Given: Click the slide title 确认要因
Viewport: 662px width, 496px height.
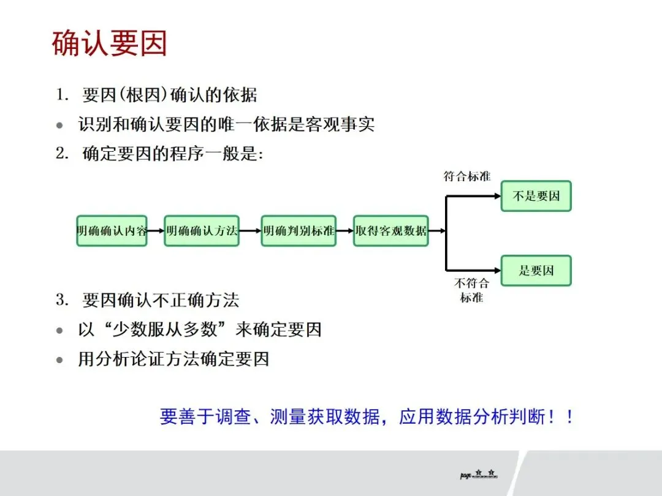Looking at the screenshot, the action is tap(109, 44).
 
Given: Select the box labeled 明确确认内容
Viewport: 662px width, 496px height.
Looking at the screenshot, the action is tap(112, 231).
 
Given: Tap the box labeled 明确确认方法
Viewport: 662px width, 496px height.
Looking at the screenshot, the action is tap(201, 231).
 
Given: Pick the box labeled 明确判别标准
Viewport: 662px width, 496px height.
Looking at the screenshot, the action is tap(299, 231).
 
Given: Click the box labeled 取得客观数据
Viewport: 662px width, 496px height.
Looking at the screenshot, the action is tap(390, 231).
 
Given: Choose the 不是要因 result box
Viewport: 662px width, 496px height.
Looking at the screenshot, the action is tap(536, 196).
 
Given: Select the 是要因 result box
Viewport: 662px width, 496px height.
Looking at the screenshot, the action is tap(536, 270).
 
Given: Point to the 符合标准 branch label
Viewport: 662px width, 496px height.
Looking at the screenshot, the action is tap(467, 176).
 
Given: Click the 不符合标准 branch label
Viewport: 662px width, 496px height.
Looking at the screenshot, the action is tap(471, 290).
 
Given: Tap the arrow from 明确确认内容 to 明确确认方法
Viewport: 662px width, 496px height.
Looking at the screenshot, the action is tap(156, 231).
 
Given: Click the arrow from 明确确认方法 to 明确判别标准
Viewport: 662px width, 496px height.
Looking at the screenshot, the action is tap(249, 231).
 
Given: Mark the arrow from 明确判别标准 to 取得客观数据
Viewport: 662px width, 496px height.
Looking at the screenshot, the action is tap(345, 231).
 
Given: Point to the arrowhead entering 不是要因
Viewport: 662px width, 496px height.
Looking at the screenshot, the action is tap(497, 196).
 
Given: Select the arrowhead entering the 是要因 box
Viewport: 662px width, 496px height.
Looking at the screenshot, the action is tap(497, 269).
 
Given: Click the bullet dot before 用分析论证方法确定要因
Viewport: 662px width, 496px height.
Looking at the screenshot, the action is tap(59, 360).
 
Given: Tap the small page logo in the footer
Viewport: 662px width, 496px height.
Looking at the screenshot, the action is tap(478, 475).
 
